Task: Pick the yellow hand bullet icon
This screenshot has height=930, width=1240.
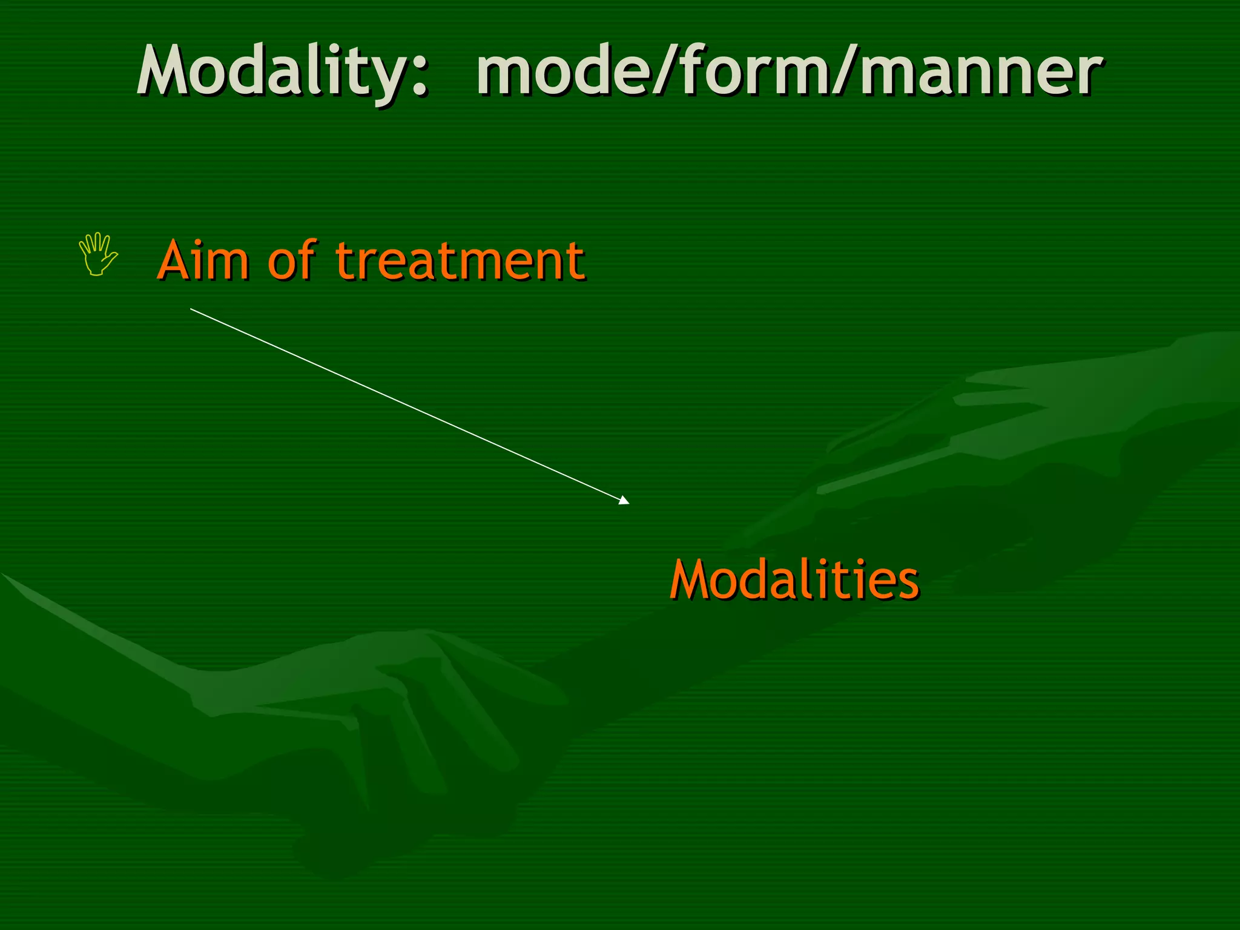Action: coord(97,254)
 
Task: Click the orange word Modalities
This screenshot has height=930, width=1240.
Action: coord(794,579)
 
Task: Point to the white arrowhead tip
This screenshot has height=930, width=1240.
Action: coord(628,503)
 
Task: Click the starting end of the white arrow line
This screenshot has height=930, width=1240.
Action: coord(191,309)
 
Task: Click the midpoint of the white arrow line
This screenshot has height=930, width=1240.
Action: coord(410,406)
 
